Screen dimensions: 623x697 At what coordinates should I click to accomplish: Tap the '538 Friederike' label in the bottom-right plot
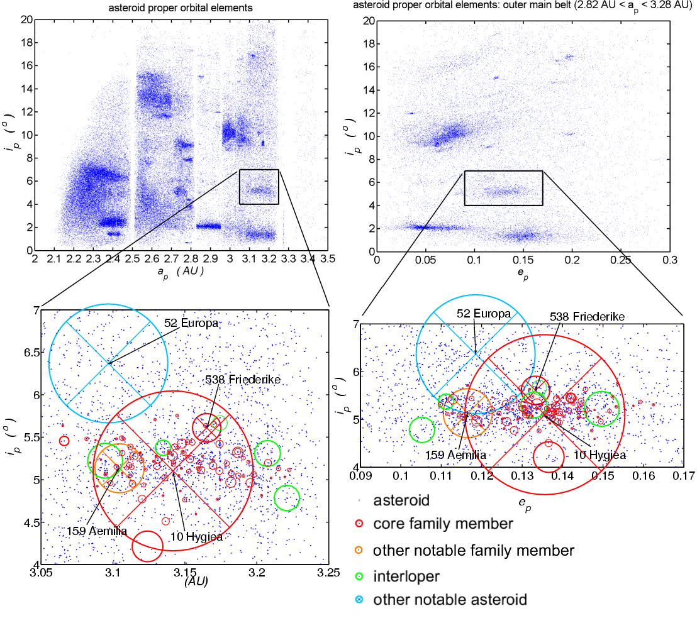tap(588, 316)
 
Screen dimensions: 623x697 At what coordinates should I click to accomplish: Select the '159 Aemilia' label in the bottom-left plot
tap(97, 531)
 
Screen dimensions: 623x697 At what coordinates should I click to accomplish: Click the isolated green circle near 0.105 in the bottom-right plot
tap(422, 430)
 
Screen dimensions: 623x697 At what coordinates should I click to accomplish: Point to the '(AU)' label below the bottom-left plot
tap(196, 582)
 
